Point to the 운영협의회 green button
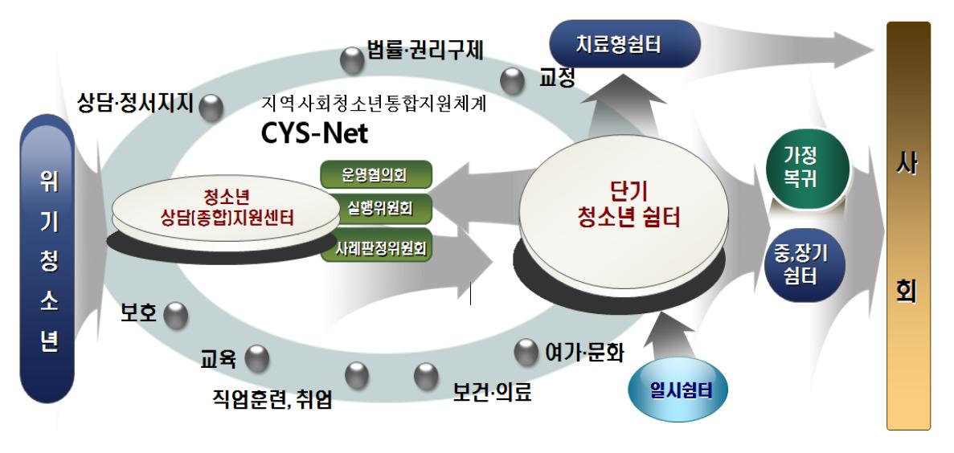click(x=376, y=175)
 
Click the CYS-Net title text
click(x=314, y=133)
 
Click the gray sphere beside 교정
click(x=512, y=80)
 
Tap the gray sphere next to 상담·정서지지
click(x=211, y=108)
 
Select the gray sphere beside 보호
click(x=175, y=316)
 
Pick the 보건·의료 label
click(x=492, y=394)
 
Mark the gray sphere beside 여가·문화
click(x=526, y=351)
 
